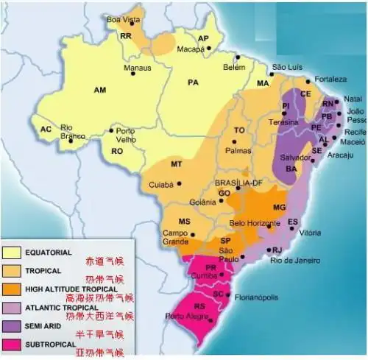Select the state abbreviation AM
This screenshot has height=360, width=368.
[100, 89]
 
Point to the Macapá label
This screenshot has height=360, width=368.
[191, 49]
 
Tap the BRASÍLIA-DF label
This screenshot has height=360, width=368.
[238, 183]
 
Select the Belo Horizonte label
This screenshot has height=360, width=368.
[254, 223]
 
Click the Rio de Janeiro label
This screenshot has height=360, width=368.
[295, 260]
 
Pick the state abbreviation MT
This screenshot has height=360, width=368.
[176, 163]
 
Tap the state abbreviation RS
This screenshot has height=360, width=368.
[199, 306]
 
